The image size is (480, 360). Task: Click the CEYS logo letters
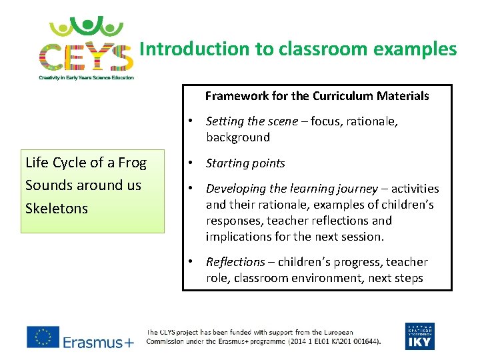coord(86,56)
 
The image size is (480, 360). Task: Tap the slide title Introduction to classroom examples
coord(298,49)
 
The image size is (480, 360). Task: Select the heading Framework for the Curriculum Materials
coord(317,96)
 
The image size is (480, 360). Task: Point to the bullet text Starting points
coord(245,163)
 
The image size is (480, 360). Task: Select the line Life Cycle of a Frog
coord(85,163)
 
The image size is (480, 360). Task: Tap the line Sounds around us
coord(83,185)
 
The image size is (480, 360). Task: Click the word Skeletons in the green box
coord(57,209)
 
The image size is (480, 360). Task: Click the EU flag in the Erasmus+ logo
coord(43,337)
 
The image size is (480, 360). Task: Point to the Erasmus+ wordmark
coord(98,342)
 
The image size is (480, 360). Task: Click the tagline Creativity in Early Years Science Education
coord(86,77)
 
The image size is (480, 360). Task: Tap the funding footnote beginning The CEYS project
coord(263,337)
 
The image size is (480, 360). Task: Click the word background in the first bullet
coord(238,137)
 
